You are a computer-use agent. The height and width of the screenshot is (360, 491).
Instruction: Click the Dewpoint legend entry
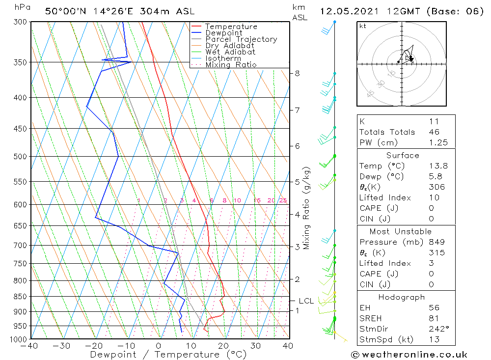[x=223, y=33]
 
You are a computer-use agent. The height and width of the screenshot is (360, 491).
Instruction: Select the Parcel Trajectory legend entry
[x=241, y=39]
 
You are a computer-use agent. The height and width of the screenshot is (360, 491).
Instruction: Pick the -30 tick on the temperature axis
[x=61, y=346]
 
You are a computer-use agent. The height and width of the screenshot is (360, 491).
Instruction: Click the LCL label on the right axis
[x=306, y=301]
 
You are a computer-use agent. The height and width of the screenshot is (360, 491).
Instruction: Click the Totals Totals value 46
[x=434, y=132]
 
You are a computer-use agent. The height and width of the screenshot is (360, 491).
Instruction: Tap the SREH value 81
[x=434, y=318]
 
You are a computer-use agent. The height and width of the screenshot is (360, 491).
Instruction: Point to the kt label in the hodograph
[x=363, y=26]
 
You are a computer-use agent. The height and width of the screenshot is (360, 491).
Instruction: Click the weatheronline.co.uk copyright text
[x=409, y=354]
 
